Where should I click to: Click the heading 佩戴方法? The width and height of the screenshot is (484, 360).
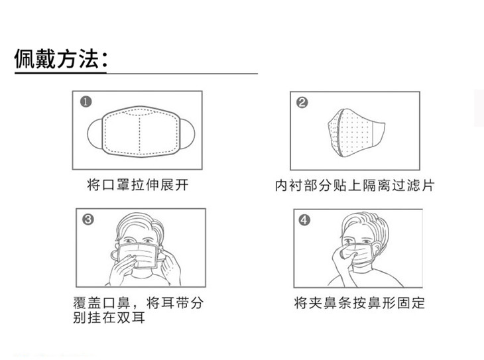coord(57,58)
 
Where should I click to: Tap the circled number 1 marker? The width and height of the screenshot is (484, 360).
coord(86,101)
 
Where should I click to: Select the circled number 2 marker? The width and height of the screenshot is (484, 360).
coord(302,103)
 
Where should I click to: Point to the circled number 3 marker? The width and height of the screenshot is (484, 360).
coord(88,219)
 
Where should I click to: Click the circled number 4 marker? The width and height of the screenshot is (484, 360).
coord(304,220)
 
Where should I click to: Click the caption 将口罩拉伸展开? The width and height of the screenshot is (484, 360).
coord(138,185)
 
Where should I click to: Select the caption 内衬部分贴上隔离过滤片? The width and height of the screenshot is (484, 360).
coord(355,186)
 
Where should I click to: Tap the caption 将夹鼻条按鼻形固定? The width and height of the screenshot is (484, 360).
coord(359,303)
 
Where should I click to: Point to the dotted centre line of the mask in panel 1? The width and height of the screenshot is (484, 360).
coord(139,135)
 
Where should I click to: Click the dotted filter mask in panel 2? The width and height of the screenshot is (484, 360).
coord(355,133)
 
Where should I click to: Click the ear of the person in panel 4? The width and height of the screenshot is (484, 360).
coord(377,249)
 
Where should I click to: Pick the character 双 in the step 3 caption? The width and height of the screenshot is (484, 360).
coord(123,318)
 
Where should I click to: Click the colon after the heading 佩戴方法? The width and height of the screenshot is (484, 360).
coord(104,60)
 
